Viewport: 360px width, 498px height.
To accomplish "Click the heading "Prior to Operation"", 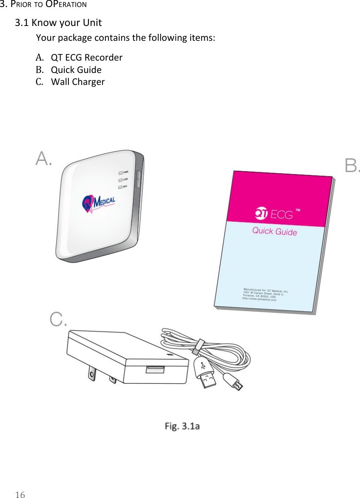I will point(43,5).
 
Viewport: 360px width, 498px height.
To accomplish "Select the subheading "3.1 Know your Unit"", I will point(58,22).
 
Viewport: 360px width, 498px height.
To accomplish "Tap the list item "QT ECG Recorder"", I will point(86,57).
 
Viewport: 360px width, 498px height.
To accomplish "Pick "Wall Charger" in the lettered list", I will point(78,82).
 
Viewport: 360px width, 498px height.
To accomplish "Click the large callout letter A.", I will point(44,159).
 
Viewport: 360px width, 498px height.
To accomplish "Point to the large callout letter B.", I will point(352,166).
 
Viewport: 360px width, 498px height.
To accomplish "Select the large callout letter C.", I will point(58,319).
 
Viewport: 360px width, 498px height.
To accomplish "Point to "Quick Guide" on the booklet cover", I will point(274,231).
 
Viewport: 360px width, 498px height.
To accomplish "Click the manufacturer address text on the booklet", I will point(265,295).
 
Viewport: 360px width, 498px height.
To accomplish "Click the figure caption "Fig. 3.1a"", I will point(182,426).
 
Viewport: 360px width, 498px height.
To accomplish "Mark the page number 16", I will point(20,494).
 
